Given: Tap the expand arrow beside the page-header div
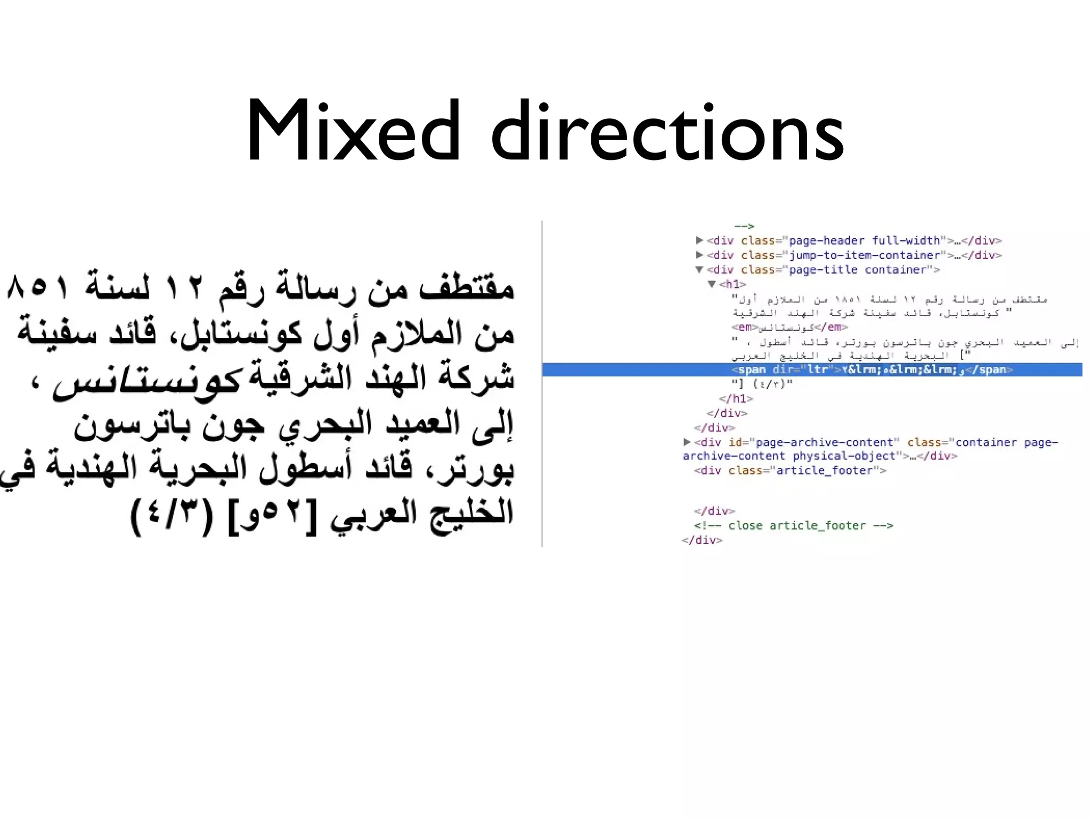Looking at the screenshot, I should (699, 240).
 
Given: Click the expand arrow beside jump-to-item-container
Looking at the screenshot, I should (699, 255).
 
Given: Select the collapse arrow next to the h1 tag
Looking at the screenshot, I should (712, 284).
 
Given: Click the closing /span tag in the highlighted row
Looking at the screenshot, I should (992, 370).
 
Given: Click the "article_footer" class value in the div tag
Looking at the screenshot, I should (825, 470).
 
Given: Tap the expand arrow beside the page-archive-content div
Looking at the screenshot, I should (687, 442).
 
